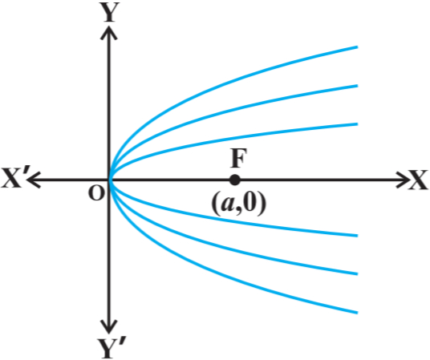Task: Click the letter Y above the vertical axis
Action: click(109, 12)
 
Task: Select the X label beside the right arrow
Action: click(418, 180)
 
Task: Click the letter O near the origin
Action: click(96, 193)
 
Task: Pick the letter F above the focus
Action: click(238, 158)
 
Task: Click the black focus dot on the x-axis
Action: click(234, 180)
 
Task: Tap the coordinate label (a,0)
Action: click(238, 203)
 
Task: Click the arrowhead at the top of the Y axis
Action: click(109, 32)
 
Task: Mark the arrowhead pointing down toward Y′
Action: click(109, 327)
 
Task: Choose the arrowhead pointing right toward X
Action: click(403, 180)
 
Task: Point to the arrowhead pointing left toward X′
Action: click(34, 180)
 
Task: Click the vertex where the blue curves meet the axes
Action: click(110, 180)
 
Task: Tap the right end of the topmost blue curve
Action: click(357, 47)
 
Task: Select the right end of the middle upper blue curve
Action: click(357, 86)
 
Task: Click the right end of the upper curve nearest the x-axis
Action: click(357, 124)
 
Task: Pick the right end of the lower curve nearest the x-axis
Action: click(357, 236)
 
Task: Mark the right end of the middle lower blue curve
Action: click(357, 274)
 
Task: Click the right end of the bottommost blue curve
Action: click(357, 313)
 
